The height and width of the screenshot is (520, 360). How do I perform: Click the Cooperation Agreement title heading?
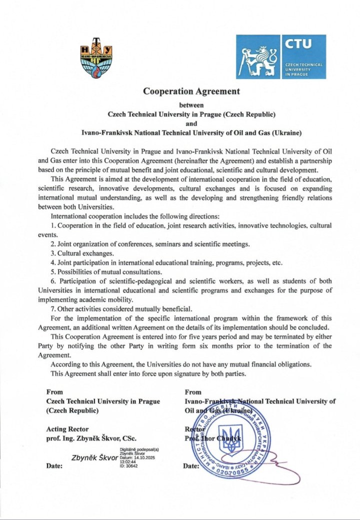click(191, 92)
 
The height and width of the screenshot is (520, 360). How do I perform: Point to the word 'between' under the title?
click(191, 105)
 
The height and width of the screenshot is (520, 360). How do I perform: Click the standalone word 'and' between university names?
click(191, 124)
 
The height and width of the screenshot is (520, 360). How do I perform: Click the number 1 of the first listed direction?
click(53, 226)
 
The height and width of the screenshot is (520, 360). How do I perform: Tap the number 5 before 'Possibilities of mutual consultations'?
click(53, 272)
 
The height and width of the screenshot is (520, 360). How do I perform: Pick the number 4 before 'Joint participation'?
click(53, 262)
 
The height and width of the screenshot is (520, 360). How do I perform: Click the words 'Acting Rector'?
click(67, 429)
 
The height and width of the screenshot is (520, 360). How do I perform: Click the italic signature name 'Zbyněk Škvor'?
click(95, 457)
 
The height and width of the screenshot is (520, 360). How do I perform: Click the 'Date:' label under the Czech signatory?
click(54, 466)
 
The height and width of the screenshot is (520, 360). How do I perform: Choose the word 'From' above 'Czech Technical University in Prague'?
click(54, 392)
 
